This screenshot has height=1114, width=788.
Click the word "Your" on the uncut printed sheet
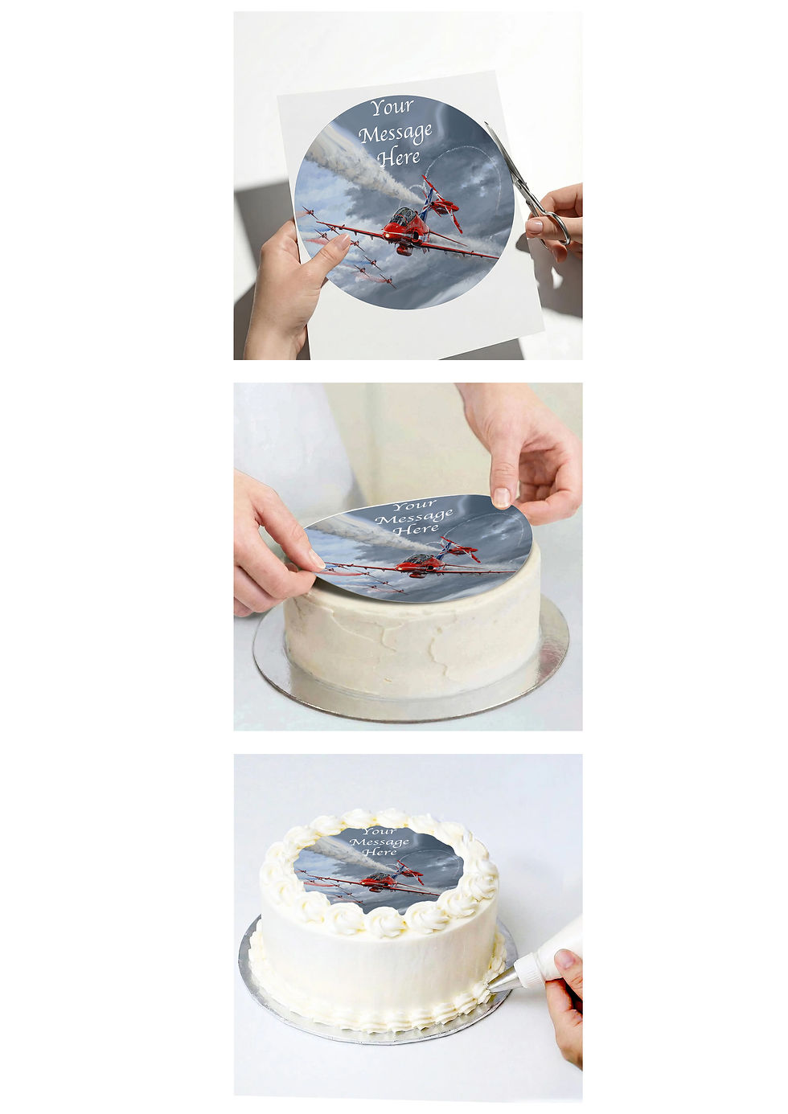pos(392,108)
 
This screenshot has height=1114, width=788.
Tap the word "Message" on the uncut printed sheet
pos(396,134)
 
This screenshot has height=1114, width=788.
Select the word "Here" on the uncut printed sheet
pos(399,158)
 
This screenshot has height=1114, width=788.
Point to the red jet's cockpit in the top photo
pos(402,217)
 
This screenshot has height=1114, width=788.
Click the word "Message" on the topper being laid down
pos(414,517)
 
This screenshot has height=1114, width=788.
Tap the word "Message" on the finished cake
pos(379,842)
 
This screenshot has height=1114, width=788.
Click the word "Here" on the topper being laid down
pos(416,529)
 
